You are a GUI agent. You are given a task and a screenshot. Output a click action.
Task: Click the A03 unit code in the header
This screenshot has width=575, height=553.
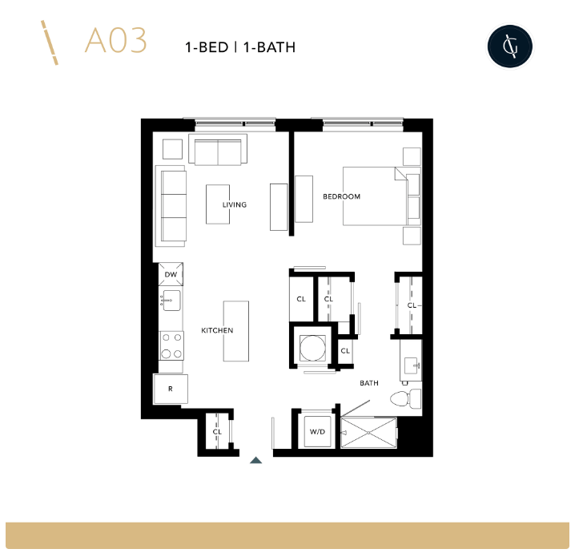[x=116, y=42]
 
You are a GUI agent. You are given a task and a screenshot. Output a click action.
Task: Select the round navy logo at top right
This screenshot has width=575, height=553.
[x=510, y=46]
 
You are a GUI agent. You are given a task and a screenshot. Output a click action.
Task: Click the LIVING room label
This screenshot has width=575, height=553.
[x=235, y=204]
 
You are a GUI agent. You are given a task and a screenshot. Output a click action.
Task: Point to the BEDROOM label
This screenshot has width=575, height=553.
[x=341, y=196]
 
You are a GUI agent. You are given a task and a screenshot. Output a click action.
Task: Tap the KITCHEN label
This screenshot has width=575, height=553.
[x=217, y=330]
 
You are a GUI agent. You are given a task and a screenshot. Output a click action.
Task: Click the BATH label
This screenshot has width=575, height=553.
[x=368, y=383]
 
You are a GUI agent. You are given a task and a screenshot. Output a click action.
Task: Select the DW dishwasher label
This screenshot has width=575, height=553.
[x=171, y=275]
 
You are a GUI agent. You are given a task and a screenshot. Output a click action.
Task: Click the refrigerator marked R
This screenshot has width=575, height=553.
[x=171, y=389]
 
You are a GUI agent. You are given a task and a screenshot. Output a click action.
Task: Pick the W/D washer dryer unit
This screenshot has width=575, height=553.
[x=316, y=432]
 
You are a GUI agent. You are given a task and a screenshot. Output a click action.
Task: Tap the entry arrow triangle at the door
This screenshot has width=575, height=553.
[x=255, y=460]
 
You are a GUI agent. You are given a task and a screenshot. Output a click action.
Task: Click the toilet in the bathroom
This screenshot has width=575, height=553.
[x=404, y=398]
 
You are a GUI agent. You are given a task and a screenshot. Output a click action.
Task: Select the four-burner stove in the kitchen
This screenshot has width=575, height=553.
[x=171, y=345]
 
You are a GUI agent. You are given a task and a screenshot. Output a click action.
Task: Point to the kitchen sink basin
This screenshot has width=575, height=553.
[x=172, y=301]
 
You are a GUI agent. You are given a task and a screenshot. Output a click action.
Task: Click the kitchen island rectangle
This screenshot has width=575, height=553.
[x=235, y=331]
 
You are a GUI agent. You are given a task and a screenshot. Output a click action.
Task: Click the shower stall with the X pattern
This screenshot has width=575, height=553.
[x=368, y=434]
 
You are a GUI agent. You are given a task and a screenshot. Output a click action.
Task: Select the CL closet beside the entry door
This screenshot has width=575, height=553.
[x=217, y=432]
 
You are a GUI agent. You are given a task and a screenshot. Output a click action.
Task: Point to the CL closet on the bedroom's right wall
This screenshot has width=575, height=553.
[x=411, y=305]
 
